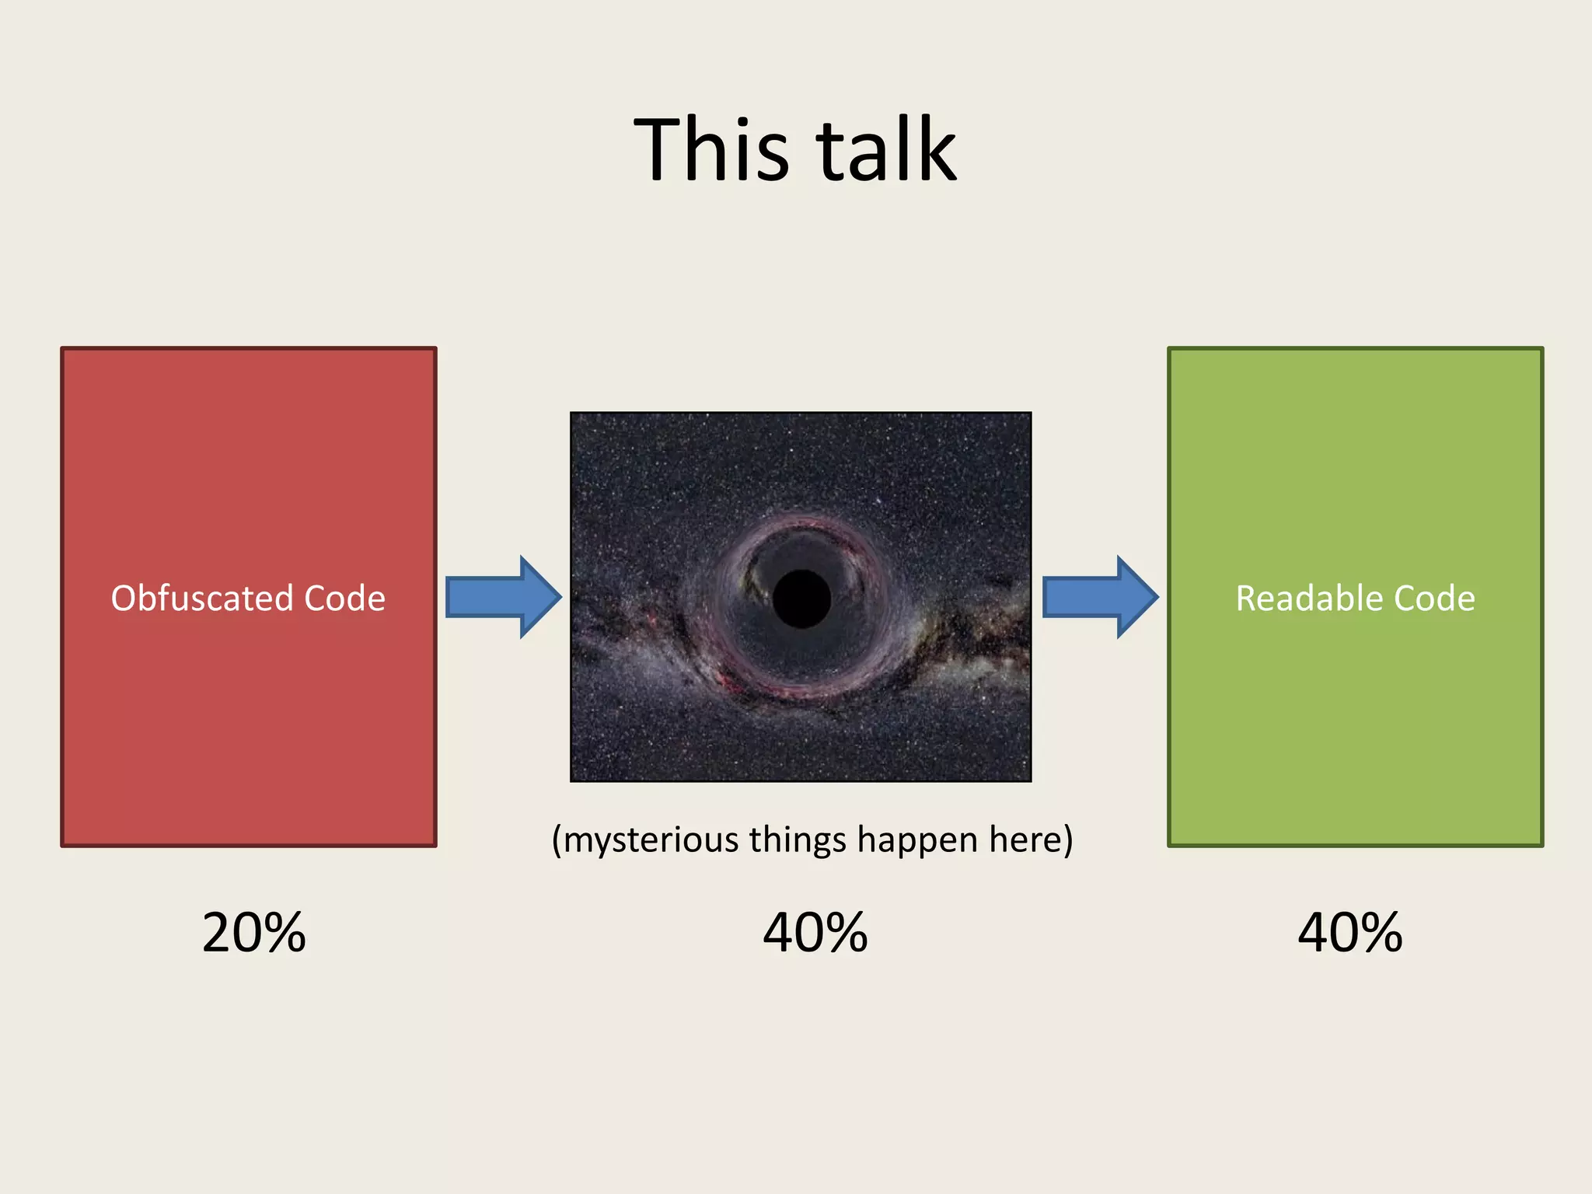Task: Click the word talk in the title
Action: (x=886, y=149)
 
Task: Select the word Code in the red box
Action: (x=344, y=599)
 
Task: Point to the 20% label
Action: (x=253, y=933)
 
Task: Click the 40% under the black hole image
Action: (x=815, y=933)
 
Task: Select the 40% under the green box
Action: (x=1350, y=933)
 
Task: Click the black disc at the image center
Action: (x=801, y=599)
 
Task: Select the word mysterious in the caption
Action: (x=650, y=840)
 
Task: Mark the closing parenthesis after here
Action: (x=1068, y=840)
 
